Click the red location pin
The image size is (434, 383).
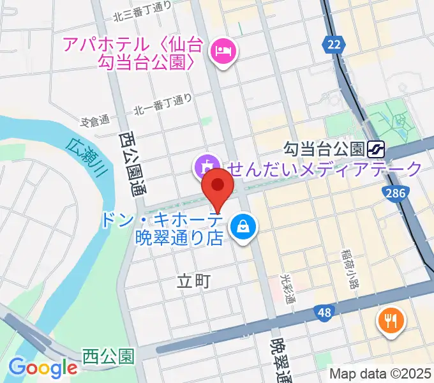tap(218, 186)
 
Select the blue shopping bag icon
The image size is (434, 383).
tap(243, 226)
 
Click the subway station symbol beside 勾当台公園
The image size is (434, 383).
tap(375, 149)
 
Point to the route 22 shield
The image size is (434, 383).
tap(332, 44)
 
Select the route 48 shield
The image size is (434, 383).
tap(325, 312)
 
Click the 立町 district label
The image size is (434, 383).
tap(193, 281)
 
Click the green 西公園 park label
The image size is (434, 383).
tap(108, 356)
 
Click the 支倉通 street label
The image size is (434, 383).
tap(96, 120)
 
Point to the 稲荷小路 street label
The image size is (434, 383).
tap(348, 267)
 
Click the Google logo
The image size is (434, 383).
tap(43, 367)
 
